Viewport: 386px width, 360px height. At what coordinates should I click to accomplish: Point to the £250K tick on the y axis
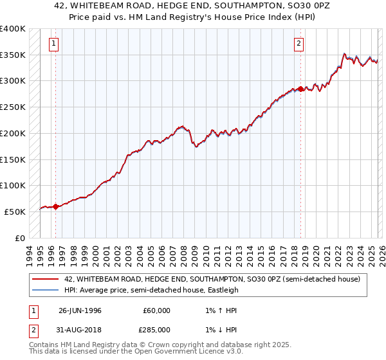coord(13,107)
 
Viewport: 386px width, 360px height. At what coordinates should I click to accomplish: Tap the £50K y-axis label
coord(15,212)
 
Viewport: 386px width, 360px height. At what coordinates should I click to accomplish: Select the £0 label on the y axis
coord(20,238)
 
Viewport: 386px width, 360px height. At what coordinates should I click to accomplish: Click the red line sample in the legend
coord(44,279)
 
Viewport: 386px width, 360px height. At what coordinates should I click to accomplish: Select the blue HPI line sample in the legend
coord(44,290)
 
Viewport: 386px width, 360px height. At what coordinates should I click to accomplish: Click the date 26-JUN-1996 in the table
coord(80,310)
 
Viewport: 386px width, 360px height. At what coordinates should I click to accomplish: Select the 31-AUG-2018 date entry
coord(80,330)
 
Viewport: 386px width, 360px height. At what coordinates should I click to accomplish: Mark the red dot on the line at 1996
coord(55,206)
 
